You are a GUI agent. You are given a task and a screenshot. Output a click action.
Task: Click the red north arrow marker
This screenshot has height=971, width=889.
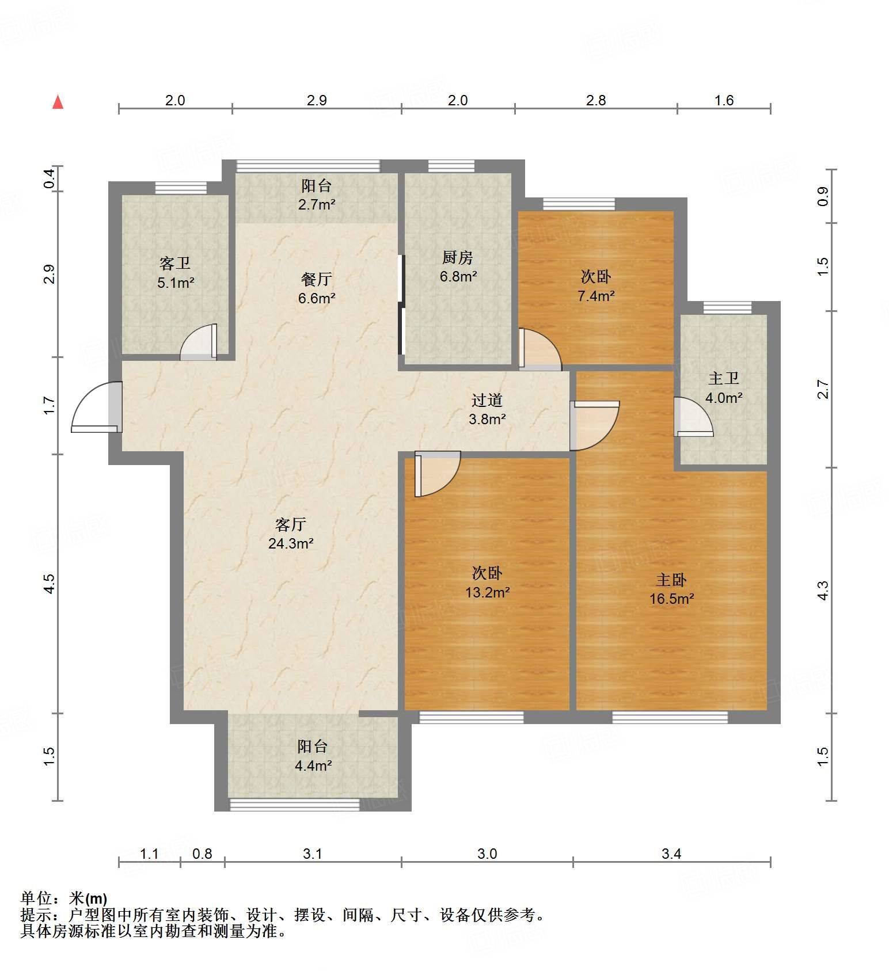58,102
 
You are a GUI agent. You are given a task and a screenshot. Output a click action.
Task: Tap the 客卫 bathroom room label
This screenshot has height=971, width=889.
175,264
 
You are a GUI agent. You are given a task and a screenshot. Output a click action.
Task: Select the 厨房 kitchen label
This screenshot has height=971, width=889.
458,257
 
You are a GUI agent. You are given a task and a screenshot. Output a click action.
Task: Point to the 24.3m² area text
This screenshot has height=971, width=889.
291,543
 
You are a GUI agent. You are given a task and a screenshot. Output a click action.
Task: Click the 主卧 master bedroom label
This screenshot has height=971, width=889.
671,580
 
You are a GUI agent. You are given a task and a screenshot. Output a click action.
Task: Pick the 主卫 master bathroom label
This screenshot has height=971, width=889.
724,378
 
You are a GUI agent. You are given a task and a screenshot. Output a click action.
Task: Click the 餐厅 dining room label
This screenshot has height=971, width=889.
317,279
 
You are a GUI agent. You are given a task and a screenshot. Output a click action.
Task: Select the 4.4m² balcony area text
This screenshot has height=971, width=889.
313,766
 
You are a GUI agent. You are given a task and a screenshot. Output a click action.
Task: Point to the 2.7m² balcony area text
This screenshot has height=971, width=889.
317,204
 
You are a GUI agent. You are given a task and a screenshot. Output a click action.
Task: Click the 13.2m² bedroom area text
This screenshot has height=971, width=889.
488,592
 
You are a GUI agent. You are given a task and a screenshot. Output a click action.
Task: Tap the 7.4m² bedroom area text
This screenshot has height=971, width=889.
596,296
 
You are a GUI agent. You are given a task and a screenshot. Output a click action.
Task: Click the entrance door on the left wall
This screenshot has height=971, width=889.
97,407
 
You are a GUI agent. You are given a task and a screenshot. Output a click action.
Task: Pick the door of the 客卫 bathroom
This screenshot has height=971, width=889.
199,342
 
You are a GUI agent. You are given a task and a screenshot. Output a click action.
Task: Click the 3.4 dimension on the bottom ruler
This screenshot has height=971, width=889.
671,854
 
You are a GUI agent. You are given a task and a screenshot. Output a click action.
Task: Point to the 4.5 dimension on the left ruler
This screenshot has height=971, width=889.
50,584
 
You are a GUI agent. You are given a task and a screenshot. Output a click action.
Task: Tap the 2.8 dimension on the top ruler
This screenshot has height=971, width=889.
596,100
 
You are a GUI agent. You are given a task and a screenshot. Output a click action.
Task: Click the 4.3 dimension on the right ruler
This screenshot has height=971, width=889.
823,591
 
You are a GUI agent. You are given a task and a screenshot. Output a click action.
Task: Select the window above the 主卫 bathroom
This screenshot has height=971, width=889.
727,307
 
